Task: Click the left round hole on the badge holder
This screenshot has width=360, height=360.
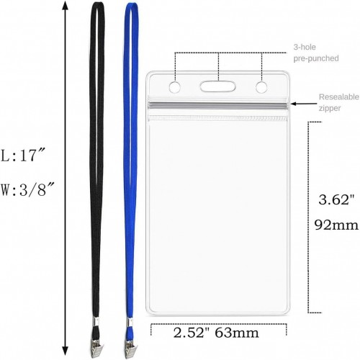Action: click(x=175, y=87)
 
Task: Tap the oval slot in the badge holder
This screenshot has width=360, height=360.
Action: click(x=217, y=86)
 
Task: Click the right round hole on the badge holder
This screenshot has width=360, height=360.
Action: click(x=261, y=87)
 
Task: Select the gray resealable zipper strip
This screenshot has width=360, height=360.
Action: click(x=217, y=105)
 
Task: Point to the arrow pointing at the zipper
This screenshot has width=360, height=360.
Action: click(x=304, y=104)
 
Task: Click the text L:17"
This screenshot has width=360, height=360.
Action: click(x=23, y=156)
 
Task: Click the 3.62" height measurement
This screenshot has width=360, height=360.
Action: click(x=336, y=199)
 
